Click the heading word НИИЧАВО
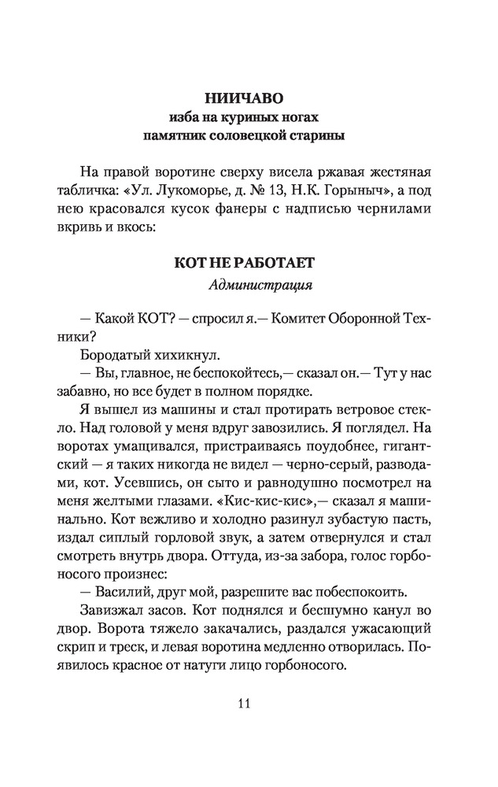249,99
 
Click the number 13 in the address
286,191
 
